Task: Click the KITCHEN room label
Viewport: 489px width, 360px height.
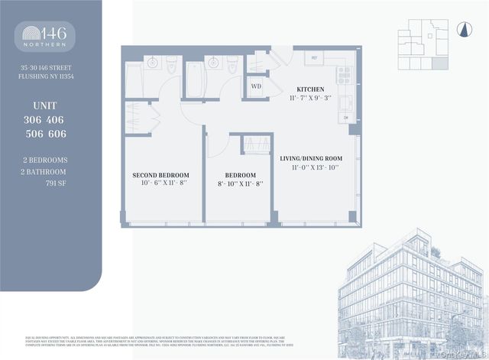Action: click(x=311, y=89)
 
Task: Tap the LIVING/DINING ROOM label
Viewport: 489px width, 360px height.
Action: click(x=311, y=157)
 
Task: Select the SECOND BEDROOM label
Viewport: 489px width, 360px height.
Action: click(x=160, y=174)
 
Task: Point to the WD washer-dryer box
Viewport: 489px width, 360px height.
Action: click(x=256, y=86)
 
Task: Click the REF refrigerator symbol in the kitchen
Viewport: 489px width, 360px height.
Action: click(x=313, y=58)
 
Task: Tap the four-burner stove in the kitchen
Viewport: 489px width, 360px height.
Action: click(x=344, y=75)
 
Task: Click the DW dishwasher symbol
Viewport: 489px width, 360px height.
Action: click(x=346, y=118)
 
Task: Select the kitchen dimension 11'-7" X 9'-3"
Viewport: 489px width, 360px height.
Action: click(x=311, y=99)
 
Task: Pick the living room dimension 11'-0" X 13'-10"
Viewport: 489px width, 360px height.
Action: click(x=311, y=167)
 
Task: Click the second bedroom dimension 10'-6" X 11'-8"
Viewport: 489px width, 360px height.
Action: click(x=160, y=183)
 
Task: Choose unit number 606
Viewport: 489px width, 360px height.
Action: click(x=56, y=133)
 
